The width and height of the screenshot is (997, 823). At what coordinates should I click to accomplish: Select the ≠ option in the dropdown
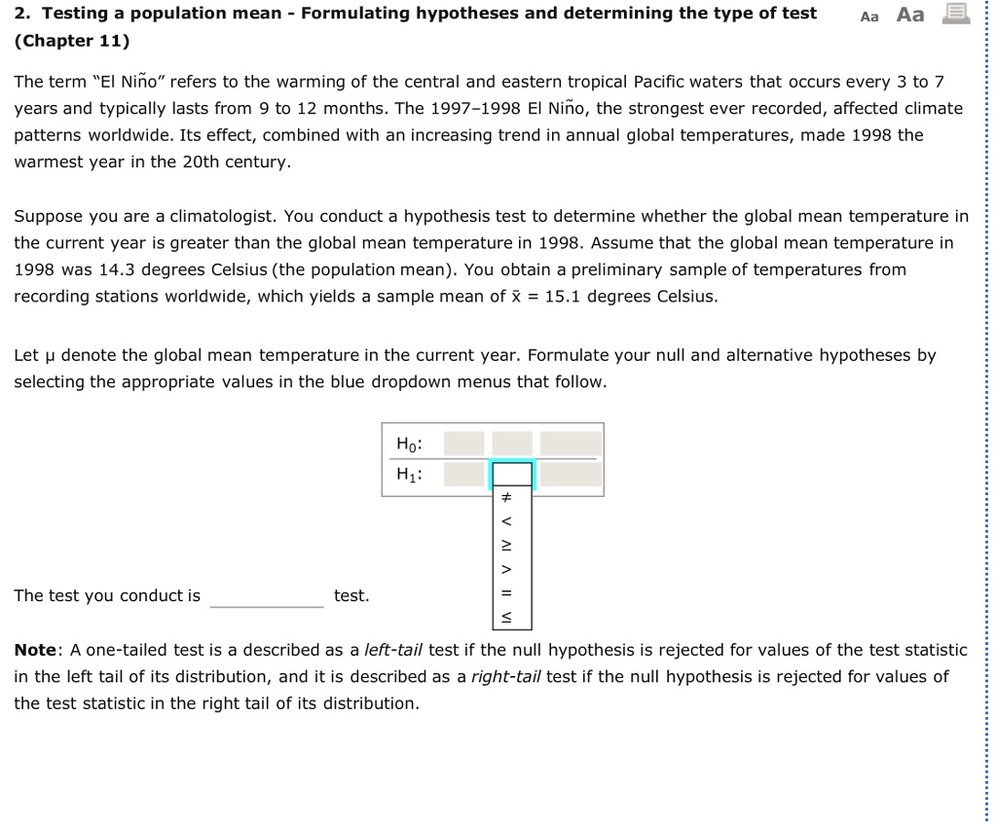tap(505, 497)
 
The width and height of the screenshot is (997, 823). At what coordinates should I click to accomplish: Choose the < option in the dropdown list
tap(505, 519)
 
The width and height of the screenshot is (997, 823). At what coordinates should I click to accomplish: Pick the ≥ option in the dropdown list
tap(505, 543)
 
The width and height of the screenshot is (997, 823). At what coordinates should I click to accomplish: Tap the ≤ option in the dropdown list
tap(505, 616)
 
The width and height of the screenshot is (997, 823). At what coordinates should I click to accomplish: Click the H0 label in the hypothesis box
tap(408, 444)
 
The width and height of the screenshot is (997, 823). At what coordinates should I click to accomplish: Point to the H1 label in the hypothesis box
tap(408, 474)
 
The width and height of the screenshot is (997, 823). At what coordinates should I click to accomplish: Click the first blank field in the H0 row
tap(463, 444)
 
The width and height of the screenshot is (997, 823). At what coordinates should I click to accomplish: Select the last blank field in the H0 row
tap(571, 444)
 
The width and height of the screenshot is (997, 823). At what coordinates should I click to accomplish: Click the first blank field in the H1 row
tap(463, 474)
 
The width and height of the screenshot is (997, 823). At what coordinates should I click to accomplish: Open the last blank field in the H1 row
tap(571, 474)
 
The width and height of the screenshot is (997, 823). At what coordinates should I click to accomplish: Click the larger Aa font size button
tap(909, 15)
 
